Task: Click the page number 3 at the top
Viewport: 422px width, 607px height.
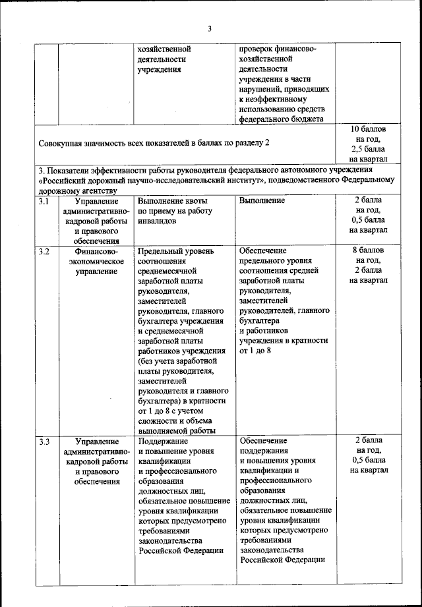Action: (x=210, y=28)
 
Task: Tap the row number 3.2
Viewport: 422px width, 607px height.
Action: (x=44, y=251)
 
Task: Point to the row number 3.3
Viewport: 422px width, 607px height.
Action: (x=44, y=441)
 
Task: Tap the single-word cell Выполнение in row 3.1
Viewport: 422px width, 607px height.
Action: (x=262, y=201)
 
